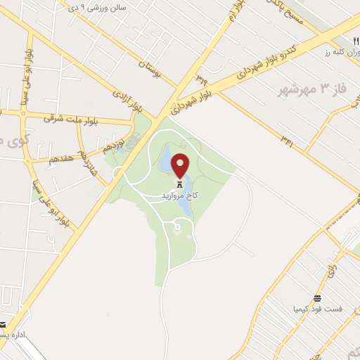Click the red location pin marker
(x=181, y=165)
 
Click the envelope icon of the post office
(x=3, y=324)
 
